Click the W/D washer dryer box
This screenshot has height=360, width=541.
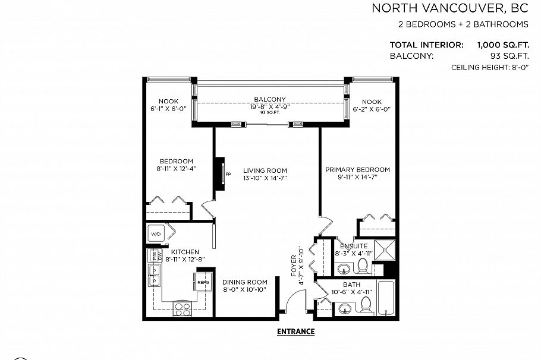[156, 233]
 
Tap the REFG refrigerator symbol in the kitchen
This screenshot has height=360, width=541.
[203, 282]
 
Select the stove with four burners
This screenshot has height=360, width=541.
[182, 309]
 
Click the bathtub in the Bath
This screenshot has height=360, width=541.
[386, 298]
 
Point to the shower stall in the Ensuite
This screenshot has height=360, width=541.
[385, 250]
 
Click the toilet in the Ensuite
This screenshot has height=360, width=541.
[362, 266]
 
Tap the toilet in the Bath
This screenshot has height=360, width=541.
[365, 305]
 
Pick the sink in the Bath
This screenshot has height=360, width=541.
[345, 309]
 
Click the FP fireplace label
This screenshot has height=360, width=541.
[228, 174]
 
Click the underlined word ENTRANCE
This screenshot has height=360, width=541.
[295, 331]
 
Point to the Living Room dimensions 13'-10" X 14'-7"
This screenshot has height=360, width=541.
[265, 178]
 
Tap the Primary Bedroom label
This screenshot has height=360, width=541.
[357, 170]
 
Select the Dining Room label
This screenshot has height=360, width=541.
[244, 282]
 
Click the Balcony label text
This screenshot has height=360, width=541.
[270, 99]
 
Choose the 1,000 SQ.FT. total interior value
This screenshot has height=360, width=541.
[503, 45]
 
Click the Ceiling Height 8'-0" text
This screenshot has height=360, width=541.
[490, 68]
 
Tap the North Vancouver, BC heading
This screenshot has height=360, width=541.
[450, 8]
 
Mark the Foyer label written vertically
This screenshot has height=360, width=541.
[294, 266]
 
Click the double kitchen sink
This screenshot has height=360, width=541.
[154, 275]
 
